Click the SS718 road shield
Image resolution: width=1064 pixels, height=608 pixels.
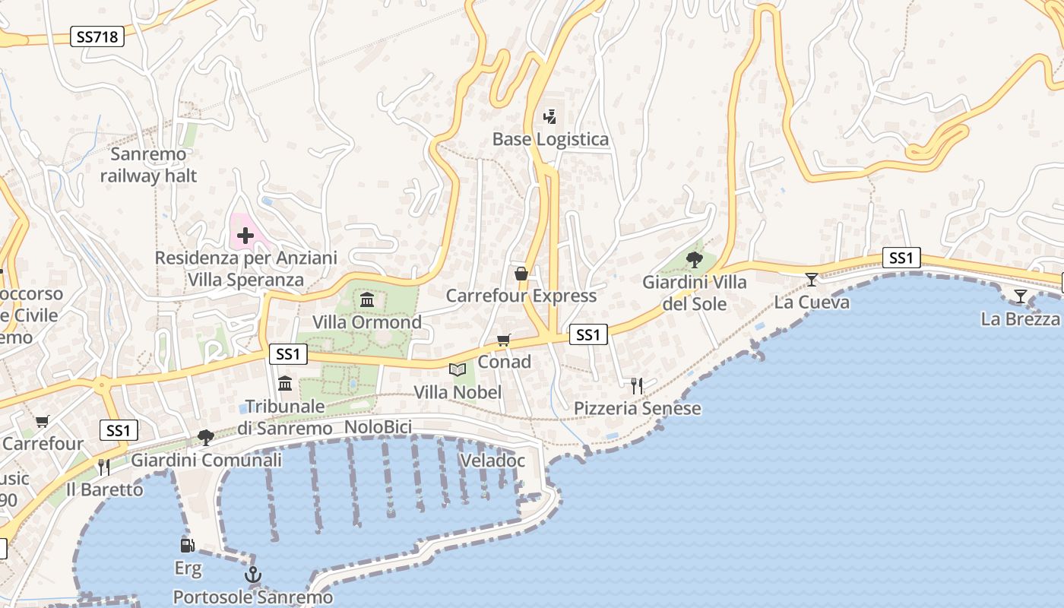coord(98,36)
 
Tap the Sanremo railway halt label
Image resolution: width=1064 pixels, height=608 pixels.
coord(148,165)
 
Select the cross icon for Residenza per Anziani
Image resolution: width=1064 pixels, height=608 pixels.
coord(245,236)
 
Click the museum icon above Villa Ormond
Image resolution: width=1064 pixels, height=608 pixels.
coord(367,299)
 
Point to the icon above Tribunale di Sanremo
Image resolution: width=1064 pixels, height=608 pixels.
coord(285,383)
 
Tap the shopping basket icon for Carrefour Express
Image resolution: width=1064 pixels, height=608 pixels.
coord(521,274)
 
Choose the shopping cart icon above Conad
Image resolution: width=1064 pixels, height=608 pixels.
coord(503,340)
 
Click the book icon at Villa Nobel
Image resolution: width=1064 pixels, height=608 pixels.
coord(457,369)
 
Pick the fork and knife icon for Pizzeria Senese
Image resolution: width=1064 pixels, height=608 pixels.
coord(637,386)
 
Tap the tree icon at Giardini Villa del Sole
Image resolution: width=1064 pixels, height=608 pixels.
coord(694,259)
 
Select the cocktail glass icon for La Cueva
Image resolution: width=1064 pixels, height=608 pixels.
coord(812,280)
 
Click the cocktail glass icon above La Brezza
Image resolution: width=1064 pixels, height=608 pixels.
coord(1020,296)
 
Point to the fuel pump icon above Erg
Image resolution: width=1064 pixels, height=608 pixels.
coord(187,545)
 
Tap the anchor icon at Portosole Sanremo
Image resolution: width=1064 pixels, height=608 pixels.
coord(253,575)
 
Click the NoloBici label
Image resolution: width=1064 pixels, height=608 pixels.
coord(378,427)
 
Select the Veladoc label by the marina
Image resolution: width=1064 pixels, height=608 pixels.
coord(492,460)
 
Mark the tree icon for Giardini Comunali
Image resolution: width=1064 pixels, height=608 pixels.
coord(205,437)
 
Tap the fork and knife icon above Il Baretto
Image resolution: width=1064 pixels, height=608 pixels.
coord(104,467)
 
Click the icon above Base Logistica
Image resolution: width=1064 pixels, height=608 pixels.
coord(550,117)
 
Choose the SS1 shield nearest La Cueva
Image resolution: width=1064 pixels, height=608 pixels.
coord(901,258)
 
